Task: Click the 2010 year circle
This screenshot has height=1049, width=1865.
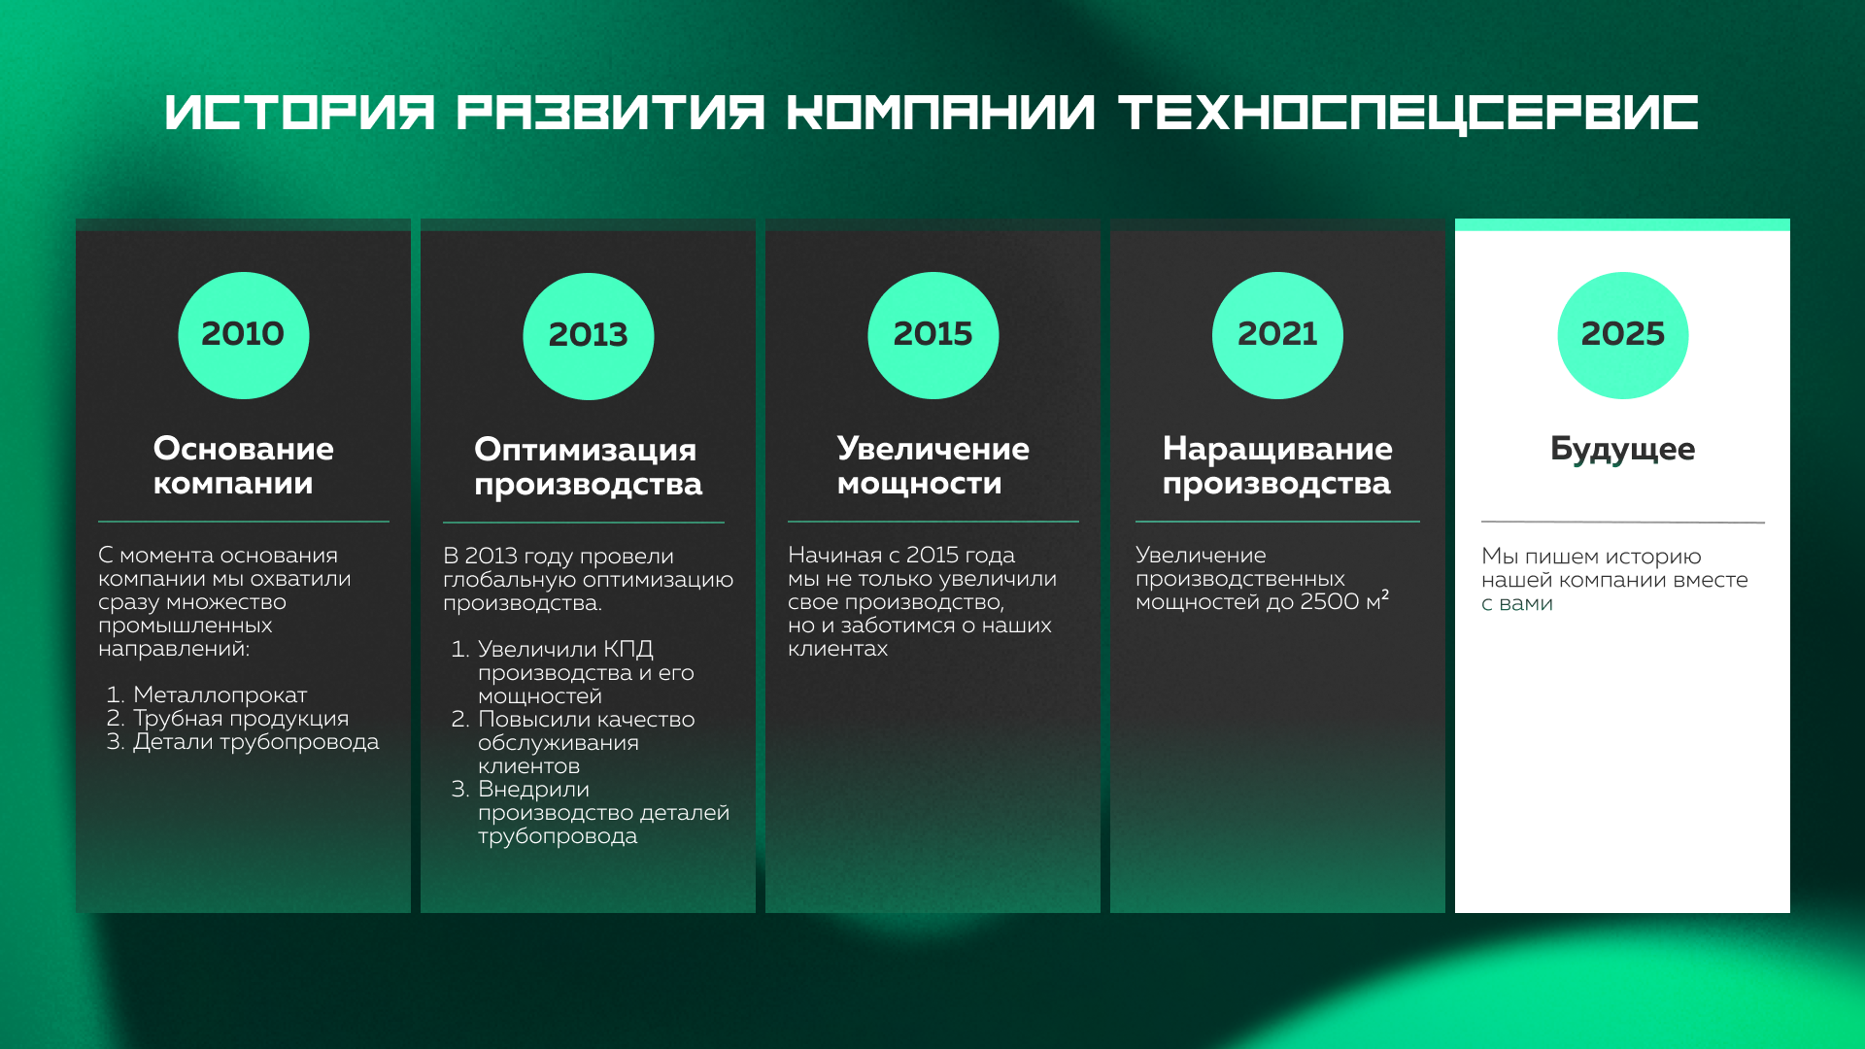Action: [x=243, y=335]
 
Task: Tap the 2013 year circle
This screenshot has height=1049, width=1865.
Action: [x=588, y=336]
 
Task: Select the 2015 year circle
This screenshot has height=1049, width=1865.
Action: [x=932, y=335]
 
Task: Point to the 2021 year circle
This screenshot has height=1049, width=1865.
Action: [x=1277, y=335]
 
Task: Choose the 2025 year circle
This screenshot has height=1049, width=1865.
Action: [x=1622, y=335]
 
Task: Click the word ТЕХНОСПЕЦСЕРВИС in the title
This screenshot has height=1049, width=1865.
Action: [x=1408, y=113]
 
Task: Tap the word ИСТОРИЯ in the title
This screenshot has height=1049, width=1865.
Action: [x=300, y=113]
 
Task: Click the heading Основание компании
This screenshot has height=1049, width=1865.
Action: [x=243, y=466]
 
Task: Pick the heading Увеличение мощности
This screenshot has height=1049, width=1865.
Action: [x=932, y=466]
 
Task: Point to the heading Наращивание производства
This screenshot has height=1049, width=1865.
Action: [x=1277, y=466]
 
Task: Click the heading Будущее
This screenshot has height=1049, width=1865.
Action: [x=1622, y=449]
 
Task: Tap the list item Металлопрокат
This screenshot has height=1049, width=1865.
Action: [x=220, y=695]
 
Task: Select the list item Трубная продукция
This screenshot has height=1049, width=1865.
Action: [x=241, y=719]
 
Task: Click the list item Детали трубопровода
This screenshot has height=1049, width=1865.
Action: [x=255, y=742]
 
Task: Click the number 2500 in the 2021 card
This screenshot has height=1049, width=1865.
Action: [x=1329, y=602]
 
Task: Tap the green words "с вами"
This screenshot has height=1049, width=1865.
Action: [x=1517, y=604]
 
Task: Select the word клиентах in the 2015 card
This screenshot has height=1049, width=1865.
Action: [x=837, y=649]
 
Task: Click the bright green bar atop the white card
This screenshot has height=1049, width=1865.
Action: [x=1622, y=224]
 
